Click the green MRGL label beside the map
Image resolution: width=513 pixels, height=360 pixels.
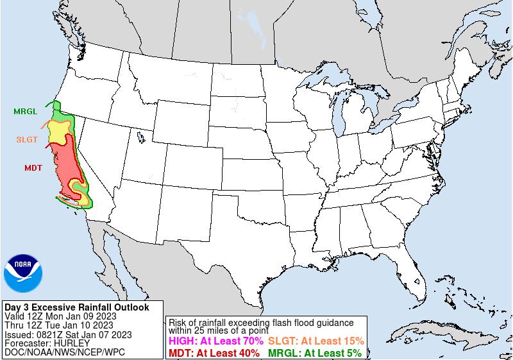(x=25, y=111)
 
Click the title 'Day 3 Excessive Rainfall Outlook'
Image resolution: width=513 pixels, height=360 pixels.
(x=76, y=307)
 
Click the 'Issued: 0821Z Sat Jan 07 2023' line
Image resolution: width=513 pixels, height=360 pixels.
(x=67, y=334)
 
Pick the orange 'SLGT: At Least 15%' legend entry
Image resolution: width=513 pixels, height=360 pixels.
(x=316, y=341)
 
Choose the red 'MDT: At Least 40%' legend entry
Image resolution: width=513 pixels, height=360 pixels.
(x=214, y=352)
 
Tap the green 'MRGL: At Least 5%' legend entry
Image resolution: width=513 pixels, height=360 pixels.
(x=314, y=352)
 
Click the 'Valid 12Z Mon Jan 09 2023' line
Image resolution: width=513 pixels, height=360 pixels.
(x=60, y=316)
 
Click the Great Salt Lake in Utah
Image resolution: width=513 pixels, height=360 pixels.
(x=139, y=136)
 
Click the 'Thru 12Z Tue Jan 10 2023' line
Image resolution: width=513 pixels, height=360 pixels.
(x=59, y=325)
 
